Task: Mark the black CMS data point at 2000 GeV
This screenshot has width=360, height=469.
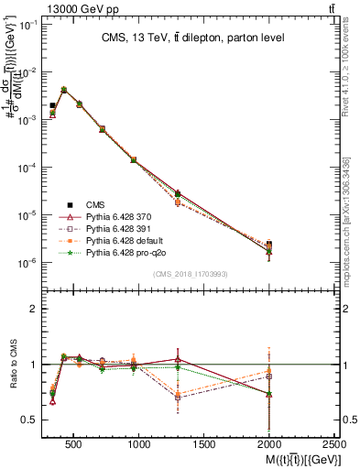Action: coord(269,245)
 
